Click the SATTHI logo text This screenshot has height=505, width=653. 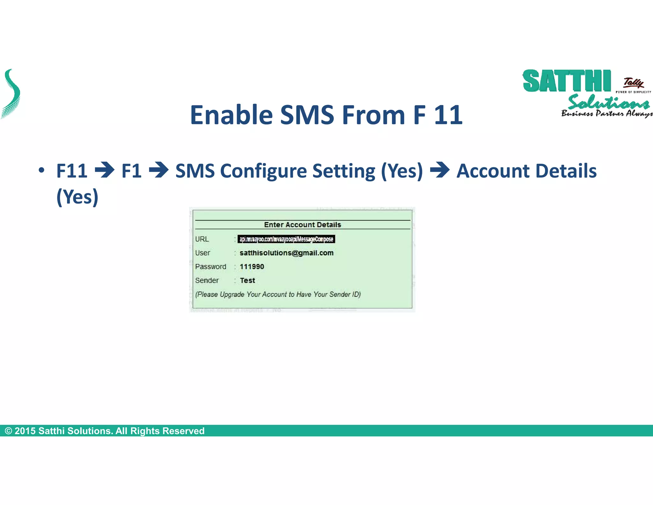tap(567, 81)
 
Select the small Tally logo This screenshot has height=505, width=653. tap(634, 83)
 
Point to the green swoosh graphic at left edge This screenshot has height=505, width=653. tap(11, 94)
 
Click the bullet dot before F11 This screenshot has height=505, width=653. tap(41, 170)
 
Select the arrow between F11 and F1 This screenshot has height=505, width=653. tap(105, 170)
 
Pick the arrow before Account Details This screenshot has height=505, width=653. tap(440, 170)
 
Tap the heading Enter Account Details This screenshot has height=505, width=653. tap(302, 225)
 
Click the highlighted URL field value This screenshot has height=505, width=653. tap(286, 239)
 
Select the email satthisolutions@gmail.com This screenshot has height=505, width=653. tap(286, 253)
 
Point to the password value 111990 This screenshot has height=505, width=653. tap(252, 267)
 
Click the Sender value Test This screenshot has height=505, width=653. tap(247, 280)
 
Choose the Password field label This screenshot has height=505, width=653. tap(210, 267)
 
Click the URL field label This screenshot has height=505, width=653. tap(202, 239)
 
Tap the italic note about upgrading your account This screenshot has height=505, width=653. tap(278, 294)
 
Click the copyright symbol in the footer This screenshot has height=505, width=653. tap(9, 431)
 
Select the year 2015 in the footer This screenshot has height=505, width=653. tap(25, 431)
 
